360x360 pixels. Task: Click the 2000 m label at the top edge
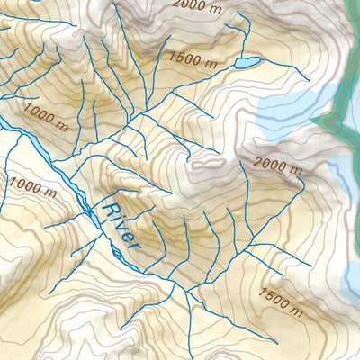[193, 5]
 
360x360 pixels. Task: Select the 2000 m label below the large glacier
[276, 164]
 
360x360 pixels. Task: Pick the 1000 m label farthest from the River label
[46, 115]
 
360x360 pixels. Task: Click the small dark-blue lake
[247, 63]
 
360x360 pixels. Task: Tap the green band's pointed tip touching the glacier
[314, 119]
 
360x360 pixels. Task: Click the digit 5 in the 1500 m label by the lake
[180, 57]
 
